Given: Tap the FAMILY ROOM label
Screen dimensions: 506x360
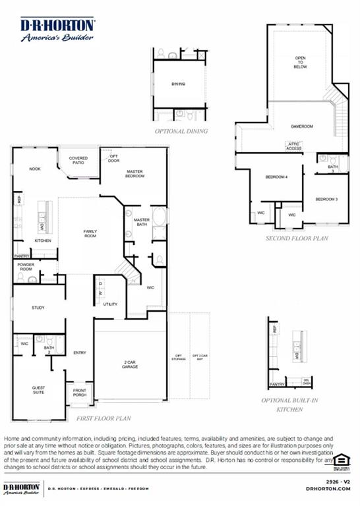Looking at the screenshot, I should pos(90,233).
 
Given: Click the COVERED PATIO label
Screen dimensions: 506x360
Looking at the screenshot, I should pos(78,160).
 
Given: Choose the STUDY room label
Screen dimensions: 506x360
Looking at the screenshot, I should pos(38,308).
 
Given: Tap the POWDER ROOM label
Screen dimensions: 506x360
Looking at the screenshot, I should pos(26,267).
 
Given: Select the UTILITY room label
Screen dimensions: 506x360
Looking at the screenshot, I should pos(109,304).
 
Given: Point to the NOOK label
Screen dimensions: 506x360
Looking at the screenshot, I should pos(34,169).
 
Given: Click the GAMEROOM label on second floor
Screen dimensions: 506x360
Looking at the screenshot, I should pos(301,126).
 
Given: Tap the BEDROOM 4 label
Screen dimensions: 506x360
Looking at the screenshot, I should pos(276,177).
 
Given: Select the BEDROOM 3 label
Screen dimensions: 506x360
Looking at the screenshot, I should pos(326,199).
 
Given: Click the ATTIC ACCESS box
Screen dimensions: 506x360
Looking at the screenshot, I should pos(294,146).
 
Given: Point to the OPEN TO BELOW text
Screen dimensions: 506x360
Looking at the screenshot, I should pos(300,63).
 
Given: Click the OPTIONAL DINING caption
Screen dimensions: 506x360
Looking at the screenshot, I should pos(181,131).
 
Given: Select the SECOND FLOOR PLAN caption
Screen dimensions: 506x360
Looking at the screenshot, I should pos(296,239).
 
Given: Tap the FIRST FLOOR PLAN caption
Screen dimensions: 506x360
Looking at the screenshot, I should pos(103,418).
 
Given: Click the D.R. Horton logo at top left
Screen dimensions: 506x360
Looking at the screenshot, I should pos(57,29).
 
